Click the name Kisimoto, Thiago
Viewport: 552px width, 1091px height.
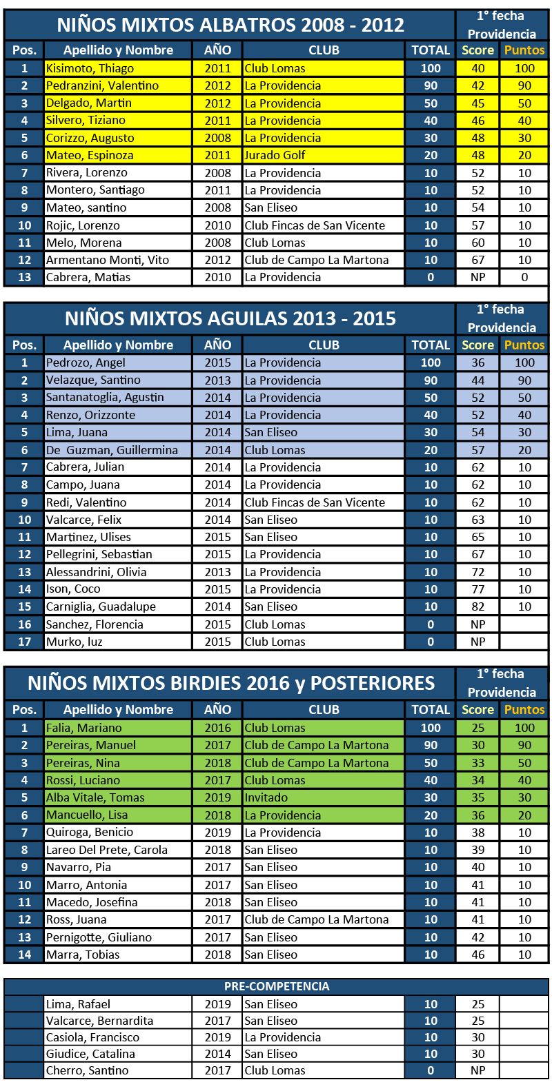pos(90,68)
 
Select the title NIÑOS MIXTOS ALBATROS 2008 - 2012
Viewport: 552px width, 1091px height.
pos(230,25)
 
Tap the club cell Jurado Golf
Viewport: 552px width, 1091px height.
pos(275,155)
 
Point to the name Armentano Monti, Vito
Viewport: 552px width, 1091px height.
pos(107,260)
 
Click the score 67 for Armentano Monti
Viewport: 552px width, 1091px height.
pos(477,260)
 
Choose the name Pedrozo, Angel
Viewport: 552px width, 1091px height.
pos(86,363)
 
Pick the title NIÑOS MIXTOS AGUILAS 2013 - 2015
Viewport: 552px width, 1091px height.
pos(230,318)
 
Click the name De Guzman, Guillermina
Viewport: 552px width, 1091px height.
pos(112,450)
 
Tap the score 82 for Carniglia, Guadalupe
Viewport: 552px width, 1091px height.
pos(477,606)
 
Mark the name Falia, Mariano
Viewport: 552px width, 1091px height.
pos(83,728)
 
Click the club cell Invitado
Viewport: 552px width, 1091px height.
pos(266,797)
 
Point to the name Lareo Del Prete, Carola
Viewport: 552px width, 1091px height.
pos(106,850)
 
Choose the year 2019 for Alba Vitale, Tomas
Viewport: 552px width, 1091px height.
pos(217,797)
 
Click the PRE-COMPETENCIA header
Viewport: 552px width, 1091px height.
pos(277,986)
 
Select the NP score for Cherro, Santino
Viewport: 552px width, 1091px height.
pos(477,1070)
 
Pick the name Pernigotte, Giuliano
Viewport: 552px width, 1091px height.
pos(99,937)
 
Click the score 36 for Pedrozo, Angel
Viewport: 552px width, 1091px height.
pos(477,363)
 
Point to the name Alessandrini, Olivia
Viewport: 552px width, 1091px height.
pos(96,572)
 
